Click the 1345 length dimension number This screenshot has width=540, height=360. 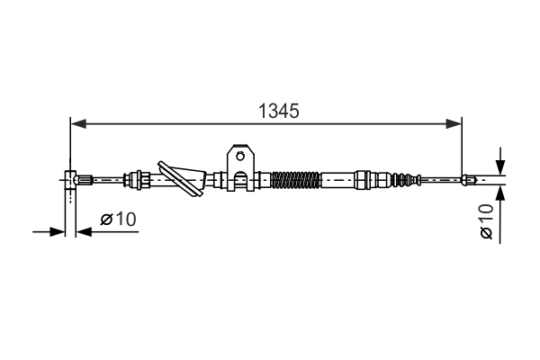tap(279, 111)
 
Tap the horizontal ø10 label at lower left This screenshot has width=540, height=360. tap(118, 219)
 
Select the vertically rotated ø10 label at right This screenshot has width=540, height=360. tap(487, 221)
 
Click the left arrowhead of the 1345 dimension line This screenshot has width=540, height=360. tap(78, 123)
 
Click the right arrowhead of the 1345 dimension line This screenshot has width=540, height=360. tap(454, 123)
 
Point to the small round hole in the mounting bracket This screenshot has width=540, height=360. tap(240, 157)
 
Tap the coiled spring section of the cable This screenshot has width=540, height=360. tap(295, 180)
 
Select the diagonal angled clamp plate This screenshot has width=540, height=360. tap(180, 179)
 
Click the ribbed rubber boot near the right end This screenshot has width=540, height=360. tap(406, 180)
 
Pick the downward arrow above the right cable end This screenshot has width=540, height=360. tap(500, 162)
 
